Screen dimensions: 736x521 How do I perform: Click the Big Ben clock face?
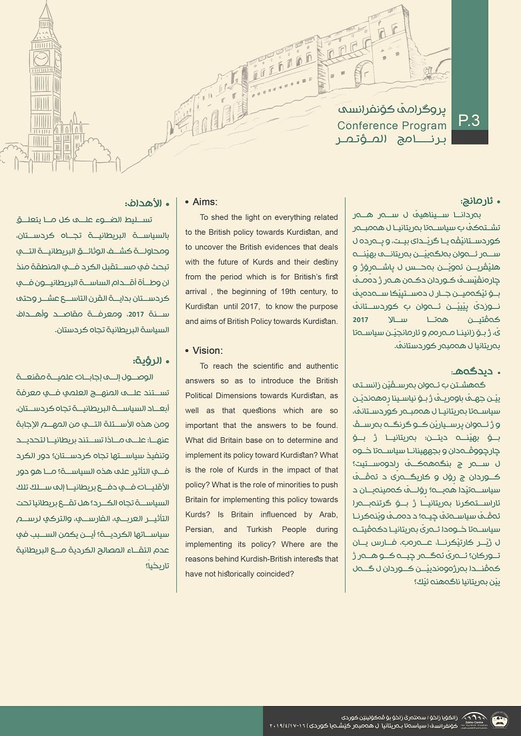(x=41, y=59)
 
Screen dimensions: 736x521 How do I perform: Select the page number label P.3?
(x=470, y=120)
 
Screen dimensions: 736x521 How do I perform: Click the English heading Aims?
(x=205, y=202)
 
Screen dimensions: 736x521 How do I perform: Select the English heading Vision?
(x=207, y=351)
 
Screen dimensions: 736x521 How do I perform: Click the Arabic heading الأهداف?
(x=140, y=203)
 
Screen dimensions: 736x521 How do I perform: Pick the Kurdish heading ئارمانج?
(x=480, y=201)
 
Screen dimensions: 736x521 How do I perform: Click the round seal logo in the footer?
(x=499, y=719)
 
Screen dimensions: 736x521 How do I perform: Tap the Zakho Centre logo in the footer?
(x=474, y=719)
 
